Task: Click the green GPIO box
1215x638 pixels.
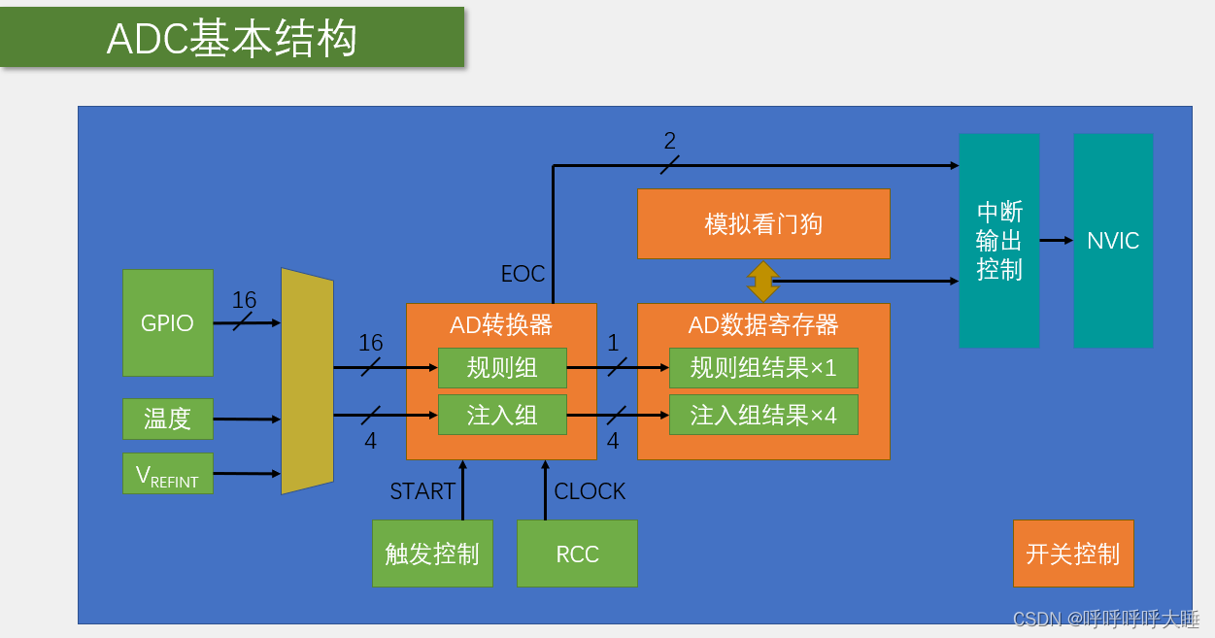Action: coord(167,322)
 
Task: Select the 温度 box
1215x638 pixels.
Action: coord(167,419)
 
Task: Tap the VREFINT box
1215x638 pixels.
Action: coord(167,474)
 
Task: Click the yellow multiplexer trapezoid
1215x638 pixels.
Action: coord(307,382)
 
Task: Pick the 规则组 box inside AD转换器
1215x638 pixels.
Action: coord(501,368)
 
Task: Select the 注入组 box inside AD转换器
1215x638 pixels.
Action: coord(501,415)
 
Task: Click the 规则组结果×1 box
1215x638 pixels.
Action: coord(763,368)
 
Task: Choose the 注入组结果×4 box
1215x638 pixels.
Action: coord(763,415)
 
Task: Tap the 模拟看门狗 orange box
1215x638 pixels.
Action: coord(763,223)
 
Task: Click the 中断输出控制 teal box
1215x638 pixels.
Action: coord(998,241)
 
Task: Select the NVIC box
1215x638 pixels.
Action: coord(1113,241)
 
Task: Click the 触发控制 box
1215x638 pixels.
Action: coord(432,554)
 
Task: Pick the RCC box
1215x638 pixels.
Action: coord(577,554)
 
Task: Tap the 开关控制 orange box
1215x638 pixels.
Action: coord(1073,554)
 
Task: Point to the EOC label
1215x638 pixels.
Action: coord(523,274)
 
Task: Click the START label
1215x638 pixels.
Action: coord(422,491)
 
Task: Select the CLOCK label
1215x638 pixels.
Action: coord(590,491)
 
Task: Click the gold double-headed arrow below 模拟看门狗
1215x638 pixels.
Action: coord(763,281)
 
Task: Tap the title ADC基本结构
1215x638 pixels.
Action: coord(232,39)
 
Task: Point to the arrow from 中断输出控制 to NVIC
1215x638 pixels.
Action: coord(1056,240)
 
